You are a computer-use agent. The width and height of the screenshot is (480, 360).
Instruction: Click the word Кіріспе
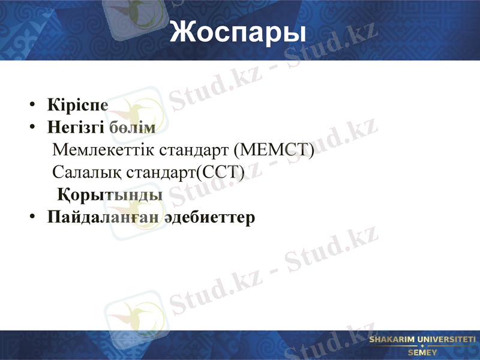(x=78, y=104)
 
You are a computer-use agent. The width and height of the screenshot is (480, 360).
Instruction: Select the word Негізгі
(x=77, y=128)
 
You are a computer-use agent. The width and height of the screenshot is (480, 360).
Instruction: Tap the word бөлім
(x=133, y=128)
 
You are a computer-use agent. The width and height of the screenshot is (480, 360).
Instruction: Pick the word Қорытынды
(x=110, y=196)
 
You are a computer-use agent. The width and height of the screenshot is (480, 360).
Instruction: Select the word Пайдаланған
(x=103, y=217)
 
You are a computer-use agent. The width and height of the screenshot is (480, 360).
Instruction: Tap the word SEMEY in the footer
(x=422, y=352)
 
